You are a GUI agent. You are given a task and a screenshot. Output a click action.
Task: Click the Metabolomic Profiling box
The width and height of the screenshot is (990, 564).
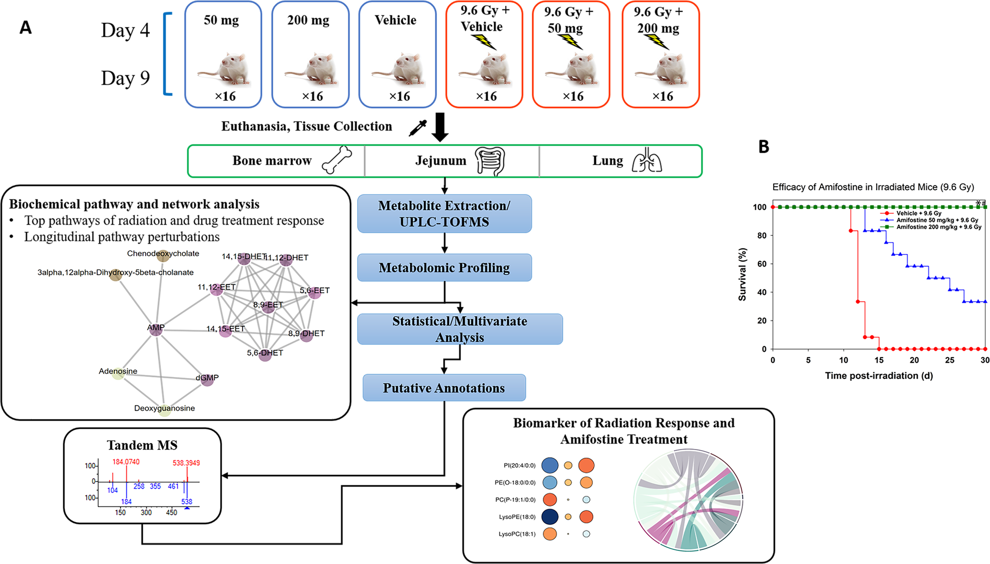(444, 268)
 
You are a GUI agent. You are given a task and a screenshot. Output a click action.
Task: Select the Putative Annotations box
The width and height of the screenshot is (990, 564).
(444, 388)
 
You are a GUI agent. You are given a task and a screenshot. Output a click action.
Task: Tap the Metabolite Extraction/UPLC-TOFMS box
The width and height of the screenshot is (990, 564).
(444, 214)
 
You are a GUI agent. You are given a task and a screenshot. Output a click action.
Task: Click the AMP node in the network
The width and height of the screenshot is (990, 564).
(156, 329)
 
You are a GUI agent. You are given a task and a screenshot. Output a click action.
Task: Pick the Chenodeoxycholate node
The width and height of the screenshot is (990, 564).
(163, 256)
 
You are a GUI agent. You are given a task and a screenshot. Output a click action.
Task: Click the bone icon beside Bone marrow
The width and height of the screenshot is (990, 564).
(336, 160)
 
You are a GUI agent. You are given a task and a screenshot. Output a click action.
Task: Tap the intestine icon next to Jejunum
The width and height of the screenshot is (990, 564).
(490, 161)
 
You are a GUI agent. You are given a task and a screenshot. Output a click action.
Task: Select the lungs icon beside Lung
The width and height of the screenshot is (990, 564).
(646, 160)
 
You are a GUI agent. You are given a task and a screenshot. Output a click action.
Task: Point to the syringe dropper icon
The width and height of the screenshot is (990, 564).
(417, 128)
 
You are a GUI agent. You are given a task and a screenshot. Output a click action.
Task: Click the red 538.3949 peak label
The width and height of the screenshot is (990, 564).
(186, 463)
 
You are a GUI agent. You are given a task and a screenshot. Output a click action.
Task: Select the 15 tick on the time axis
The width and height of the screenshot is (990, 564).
(879, 360)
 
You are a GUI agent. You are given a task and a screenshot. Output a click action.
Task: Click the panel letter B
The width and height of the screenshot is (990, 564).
(764, 147)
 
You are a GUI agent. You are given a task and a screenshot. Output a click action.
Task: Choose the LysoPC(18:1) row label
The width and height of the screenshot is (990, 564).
(517, 534)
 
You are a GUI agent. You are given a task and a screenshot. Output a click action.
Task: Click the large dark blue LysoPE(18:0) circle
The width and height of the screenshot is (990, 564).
(550, 517)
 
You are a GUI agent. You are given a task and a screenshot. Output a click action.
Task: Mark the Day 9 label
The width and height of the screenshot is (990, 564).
(125, 78)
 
